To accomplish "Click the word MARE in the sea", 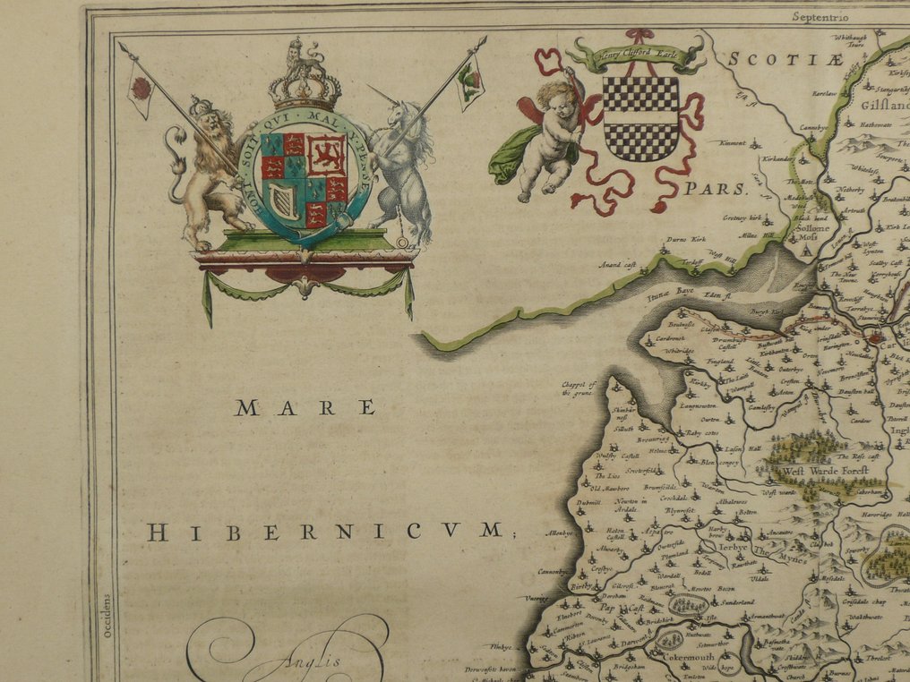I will [x=305, y=408].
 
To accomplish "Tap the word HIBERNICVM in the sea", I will [x=324, y=532].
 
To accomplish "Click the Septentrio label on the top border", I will [x=820, y=15].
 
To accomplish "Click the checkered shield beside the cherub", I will [x=640, y=117].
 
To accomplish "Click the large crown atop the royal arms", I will [x=305, y=82].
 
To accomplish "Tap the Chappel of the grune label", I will [x=579, y=389].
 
